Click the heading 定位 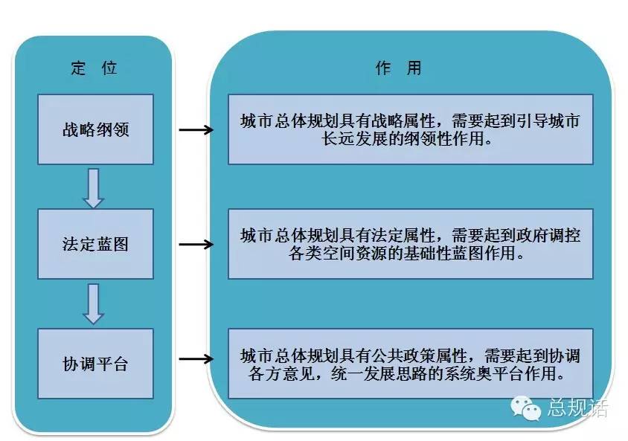click(94, 68)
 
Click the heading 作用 click(399, 68)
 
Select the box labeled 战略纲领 click(96, 129)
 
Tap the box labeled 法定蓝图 click(96, 244)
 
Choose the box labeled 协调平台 click(96, 364)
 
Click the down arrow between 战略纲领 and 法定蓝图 click(93, 188)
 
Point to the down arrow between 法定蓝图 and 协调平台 click(93, 303)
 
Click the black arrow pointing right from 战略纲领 click(196, 129)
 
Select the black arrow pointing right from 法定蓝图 click(196, 244)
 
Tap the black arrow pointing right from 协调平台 click(196, 358)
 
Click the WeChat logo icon click(525, 408)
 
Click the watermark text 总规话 click(577, 408)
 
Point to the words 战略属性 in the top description click(403, 121)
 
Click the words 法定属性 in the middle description click(403, 235)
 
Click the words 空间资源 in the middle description click(353, 254)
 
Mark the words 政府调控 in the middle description click(548, 235)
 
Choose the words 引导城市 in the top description click(548, 121)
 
